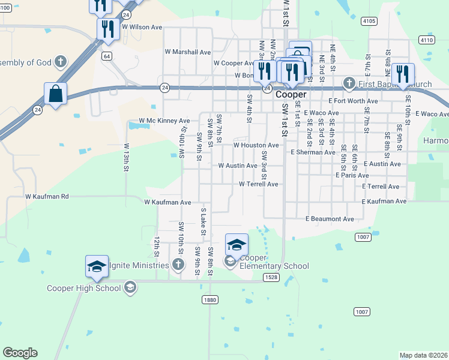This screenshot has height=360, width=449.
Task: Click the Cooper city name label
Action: click(x=291, y=95)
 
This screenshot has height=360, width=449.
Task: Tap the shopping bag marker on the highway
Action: click(x=55, y=94)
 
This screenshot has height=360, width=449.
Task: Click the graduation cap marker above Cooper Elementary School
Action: click(x=237, y=245)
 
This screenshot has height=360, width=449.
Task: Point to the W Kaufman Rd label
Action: click(x=47, y=196)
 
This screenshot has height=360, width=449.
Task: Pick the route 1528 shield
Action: click(x=271, y=277)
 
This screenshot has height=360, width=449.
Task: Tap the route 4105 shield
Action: click(x=369, y=21)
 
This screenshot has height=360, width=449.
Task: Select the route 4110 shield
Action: click(x=426, y=40)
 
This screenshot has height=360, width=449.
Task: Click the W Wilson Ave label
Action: click(x=142, y=27)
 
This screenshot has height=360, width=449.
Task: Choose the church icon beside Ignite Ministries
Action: click(x=178, y=264)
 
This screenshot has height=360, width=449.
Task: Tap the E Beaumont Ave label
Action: click(x=330, y=219)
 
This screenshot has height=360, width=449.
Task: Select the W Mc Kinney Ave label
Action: click(x=164, y=121)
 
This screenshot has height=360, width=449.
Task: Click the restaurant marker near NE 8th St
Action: click(x=403, y=74)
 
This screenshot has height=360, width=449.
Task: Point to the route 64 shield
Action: click(x=106, y=56)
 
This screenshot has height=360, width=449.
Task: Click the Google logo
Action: click(x=20, y=353)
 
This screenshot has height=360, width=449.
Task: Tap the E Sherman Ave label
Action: click(x=313, y=152)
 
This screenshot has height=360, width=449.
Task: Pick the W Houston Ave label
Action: click(x=256, y=145)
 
